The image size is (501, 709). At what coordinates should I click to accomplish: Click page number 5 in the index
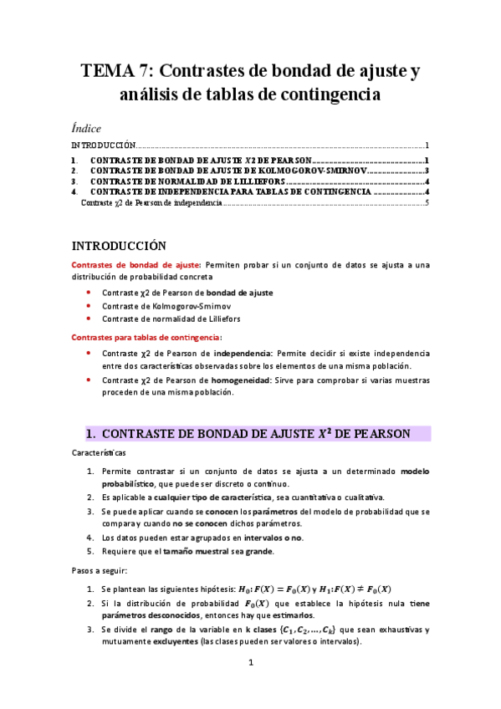point(427,202)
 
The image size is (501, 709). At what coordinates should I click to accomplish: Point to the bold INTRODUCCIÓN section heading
point(120,246)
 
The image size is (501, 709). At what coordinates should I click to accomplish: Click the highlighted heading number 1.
point(92,433)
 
